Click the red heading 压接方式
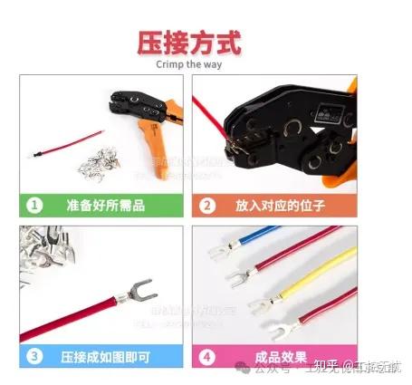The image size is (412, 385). click(x=189, y=42)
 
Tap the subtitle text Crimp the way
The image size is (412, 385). click(x=189, y=63)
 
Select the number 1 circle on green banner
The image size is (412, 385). click(x=34, y=205)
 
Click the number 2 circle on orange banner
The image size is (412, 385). click(x=207, y=205)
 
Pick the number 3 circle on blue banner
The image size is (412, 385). click(x=34, y=355)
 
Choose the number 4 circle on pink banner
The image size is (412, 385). click(x=207, y=355)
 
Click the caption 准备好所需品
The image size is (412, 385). click(x=105, y=205)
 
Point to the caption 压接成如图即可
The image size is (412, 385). click(x=105, y=355)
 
